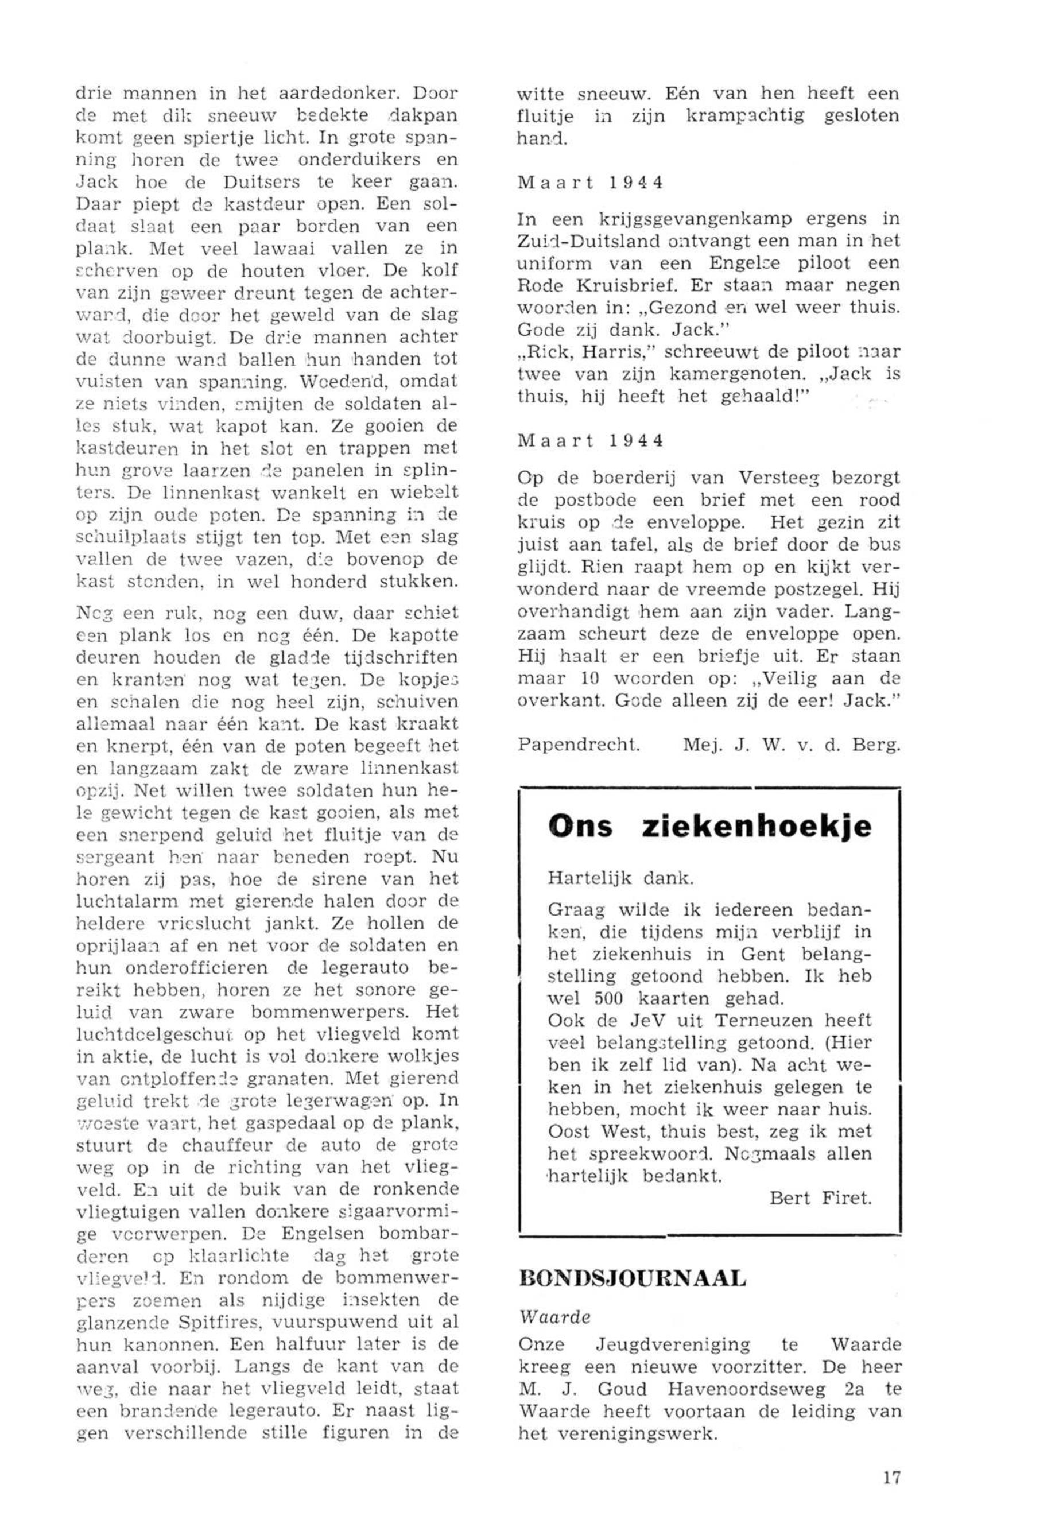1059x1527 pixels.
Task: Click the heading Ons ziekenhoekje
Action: click(x=709, y=828)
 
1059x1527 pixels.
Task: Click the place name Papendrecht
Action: click(x=579, y=745)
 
